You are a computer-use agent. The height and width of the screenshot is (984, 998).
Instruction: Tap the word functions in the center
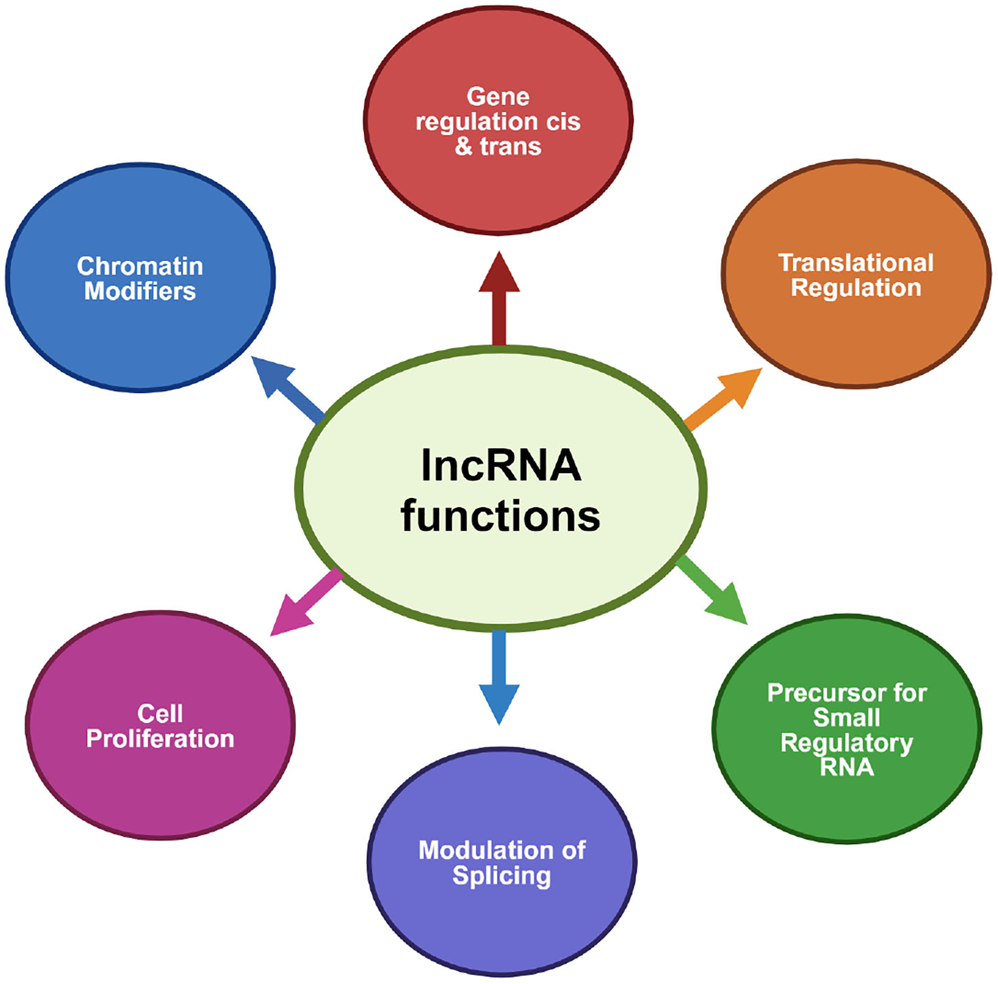tap(500, 516)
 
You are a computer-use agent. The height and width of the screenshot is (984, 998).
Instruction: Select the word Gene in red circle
tap(498, 96)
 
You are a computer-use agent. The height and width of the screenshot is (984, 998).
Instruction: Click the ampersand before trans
tap(464, 146)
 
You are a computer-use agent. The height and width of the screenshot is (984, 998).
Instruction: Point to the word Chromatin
tap(140, 266)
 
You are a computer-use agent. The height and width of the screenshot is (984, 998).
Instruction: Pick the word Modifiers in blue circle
tap(140, 292)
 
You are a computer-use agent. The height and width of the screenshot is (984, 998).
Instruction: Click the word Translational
tap(856, 263)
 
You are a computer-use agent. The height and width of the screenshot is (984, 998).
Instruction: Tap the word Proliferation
tap(160, 738)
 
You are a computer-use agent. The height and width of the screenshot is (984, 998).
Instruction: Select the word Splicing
tap(501, 876)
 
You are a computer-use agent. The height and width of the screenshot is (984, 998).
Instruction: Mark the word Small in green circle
tap(846, 718)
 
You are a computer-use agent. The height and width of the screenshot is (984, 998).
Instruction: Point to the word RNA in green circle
tap(846, 767)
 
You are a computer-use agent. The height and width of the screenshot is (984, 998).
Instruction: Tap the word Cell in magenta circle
tap(160, 713)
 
